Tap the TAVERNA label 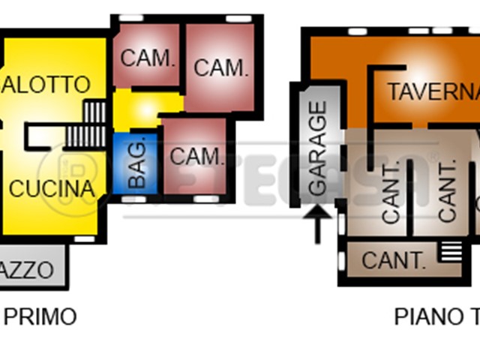click(x=433, y=91)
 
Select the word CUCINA click(x=52, y=188)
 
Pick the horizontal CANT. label click(x=393, y=260)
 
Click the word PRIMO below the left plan click(x=40, y=317)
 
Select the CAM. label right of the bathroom click(x=197, y=157)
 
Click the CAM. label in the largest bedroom click(x=220, y=67)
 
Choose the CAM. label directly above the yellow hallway click(x=148, y=58)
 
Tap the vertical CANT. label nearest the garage click(x=392, y=199)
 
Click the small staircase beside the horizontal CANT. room click(x=450, y=251)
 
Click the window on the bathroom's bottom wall click(x=133, y=200)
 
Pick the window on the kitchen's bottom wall click(x=85, y=239)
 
